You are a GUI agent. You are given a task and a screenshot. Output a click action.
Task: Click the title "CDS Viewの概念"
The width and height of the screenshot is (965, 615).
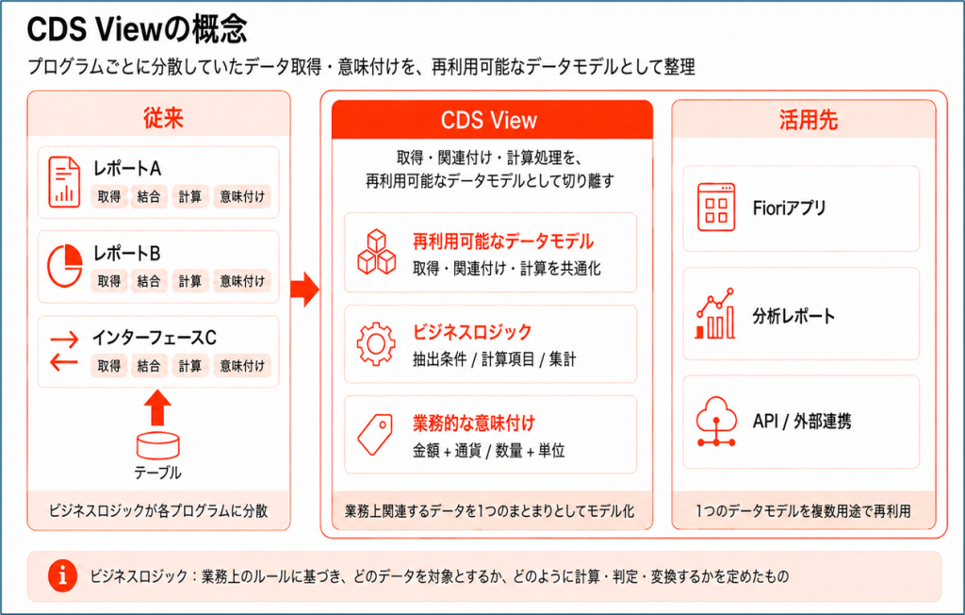(137, 29)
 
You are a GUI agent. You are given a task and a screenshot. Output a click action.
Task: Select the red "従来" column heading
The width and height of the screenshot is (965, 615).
(163, 118)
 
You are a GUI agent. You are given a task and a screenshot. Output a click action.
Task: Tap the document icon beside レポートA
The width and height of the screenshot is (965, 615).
(65, 182)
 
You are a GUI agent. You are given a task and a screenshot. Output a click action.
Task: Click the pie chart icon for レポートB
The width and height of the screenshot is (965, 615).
(65, 266)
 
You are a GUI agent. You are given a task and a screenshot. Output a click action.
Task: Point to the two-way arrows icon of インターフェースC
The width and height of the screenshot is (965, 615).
(65, 350)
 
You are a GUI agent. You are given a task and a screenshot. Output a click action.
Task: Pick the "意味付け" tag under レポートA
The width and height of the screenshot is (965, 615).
(242, 196)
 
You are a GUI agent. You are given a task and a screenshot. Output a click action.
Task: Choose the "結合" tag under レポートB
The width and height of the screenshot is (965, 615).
(148, 281)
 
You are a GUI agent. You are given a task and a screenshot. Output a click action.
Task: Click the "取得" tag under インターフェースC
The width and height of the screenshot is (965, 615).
(109, 365)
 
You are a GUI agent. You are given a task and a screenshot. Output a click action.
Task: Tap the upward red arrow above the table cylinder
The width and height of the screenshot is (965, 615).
(157, 407)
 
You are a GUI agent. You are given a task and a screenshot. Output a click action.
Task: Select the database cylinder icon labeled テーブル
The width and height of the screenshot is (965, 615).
(157, 445)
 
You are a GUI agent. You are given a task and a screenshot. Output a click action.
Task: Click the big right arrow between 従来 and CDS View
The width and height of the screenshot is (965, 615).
(304, 289)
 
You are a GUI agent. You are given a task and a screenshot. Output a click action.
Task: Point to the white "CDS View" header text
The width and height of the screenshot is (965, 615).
(489, 120)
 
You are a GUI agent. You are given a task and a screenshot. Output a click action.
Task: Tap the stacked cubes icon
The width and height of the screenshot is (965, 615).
(377, 252)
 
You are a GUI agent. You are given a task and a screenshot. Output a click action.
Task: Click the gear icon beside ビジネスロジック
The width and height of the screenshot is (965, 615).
(376, 344)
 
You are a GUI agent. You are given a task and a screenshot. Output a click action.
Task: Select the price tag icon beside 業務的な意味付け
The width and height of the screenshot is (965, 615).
(375, 435)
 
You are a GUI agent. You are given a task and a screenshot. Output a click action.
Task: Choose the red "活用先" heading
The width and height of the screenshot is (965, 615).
(808, 120)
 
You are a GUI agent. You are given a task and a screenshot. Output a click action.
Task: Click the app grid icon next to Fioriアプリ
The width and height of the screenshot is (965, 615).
(716, 208)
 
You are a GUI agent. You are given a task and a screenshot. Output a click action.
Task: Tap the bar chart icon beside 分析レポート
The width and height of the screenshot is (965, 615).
(715, 314)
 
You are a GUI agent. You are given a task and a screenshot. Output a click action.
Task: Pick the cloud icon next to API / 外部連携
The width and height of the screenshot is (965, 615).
(716, 422)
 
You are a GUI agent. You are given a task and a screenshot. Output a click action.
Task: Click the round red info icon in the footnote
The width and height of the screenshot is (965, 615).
(63, 576)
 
